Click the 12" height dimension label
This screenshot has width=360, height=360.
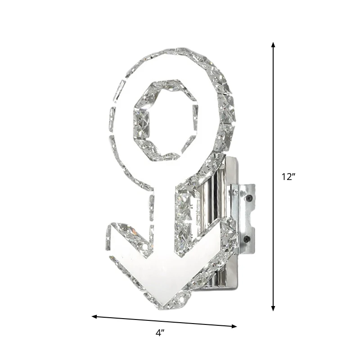click(x=288, y=177)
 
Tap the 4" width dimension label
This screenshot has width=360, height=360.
click(x=160, y=333)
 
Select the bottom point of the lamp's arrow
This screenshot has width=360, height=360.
click(x=163, y=306)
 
